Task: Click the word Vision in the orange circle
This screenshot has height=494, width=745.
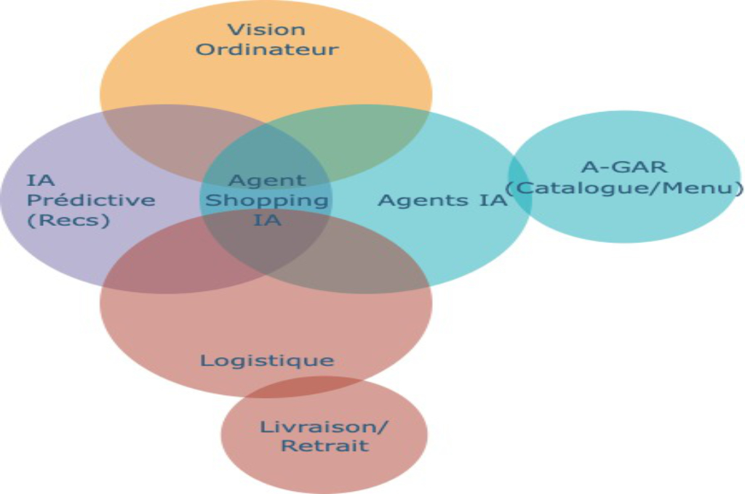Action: [x=266, y=31]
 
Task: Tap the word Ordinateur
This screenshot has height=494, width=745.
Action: [x=266, y=49]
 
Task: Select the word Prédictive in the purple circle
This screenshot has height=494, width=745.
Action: [x=90, y=199]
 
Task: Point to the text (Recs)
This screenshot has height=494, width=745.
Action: [x=68, y=219]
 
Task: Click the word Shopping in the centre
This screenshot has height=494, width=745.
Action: [x=266, y=199]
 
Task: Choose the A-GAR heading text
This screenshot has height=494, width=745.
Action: [x=625, y=166]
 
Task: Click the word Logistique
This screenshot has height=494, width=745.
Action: [x=266, y=360]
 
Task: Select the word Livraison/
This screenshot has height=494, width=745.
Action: [x=324, y=426]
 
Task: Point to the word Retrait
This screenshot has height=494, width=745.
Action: [x=324, y=445]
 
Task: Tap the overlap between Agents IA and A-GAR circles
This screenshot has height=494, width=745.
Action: [x=519, y=182]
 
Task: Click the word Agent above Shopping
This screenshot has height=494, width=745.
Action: [x=267, y=180]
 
